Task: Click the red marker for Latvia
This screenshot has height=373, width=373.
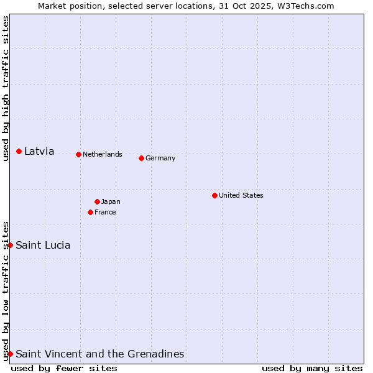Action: point(19,151)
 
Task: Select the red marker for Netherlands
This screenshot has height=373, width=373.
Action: point(78,154)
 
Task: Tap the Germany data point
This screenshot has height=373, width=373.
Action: point(141,158)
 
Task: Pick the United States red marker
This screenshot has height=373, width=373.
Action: point(214,195)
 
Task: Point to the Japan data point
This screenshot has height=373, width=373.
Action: point(97,201)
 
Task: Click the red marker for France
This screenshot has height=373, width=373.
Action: point(90,212)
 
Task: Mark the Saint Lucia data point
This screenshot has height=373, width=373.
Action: point(10,245)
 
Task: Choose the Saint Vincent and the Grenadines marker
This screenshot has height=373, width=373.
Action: point(10,354)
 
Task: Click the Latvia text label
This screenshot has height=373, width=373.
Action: point(39,151)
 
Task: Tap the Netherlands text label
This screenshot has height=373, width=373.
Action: point(103,154)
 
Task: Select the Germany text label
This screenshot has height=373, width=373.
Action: point(160,158)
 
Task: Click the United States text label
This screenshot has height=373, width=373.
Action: point(241,195)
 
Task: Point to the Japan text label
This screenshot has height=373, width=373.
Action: point(111,201)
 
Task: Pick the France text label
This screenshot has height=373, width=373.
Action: point(105,212)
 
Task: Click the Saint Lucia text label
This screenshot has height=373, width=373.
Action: point(43,245)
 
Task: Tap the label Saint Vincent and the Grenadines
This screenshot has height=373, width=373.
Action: point(99,354)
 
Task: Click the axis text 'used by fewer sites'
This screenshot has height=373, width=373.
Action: point(64,368)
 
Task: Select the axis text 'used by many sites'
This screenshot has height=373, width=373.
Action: point(312,368)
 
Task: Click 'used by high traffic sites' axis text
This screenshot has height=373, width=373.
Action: point(6,88)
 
